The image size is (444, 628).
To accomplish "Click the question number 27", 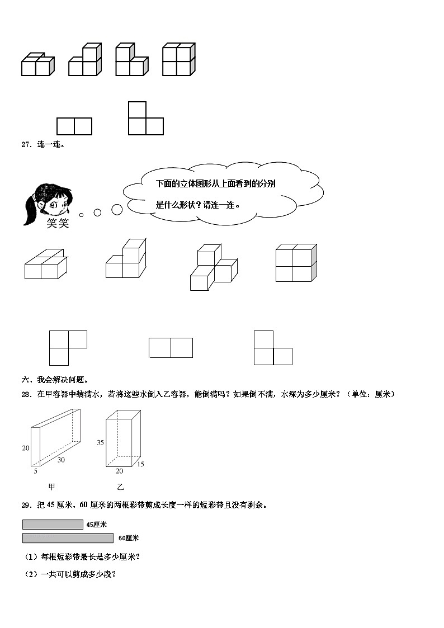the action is point(25,145).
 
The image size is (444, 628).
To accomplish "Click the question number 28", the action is point(25,394).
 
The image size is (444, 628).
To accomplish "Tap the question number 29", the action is point(25,505).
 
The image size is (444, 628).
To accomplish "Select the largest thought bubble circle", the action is point(117,210).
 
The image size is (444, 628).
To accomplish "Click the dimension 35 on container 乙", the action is point(101,442).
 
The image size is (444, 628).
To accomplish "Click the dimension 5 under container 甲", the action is point(36,471).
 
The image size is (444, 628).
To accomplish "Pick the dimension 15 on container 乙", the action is point(140,464).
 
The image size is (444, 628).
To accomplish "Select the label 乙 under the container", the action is point(120,487).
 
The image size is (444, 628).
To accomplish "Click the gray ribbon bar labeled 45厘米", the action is point(53,525).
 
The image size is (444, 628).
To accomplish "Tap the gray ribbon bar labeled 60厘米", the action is point(68,538).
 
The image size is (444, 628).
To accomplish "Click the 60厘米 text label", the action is point(129,538).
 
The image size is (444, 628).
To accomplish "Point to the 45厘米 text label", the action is point(97,525).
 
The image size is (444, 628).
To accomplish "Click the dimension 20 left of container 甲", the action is point(26,448).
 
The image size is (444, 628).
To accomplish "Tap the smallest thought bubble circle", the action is point(82,215).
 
